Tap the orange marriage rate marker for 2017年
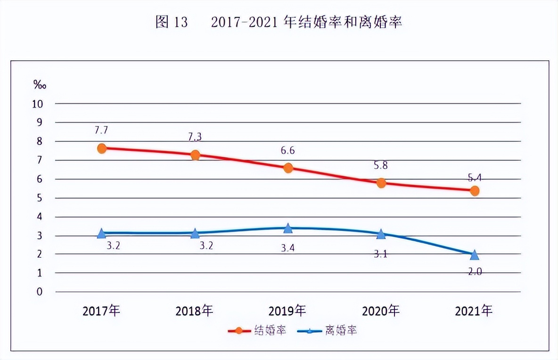click(x=102, y=148)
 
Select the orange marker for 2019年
click(x=288, y=168)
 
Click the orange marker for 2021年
click(x=475, y=191)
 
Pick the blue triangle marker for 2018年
click(x=195, y=233)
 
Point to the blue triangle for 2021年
click(x=475, y=255)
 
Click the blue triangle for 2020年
click(x=381, y=234)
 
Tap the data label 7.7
click(x=102, y=130)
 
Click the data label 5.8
click(x=381, y=165)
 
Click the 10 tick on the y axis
click(x=38, y=104)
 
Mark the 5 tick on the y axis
click(x=40, y=198)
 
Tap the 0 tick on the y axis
click(x=40, y=292)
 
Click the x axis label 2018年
click(x=195, y=311)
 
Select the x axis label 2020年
click(x=381, y=311)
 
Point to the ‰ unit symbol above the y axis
click(x=40, y=85)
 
